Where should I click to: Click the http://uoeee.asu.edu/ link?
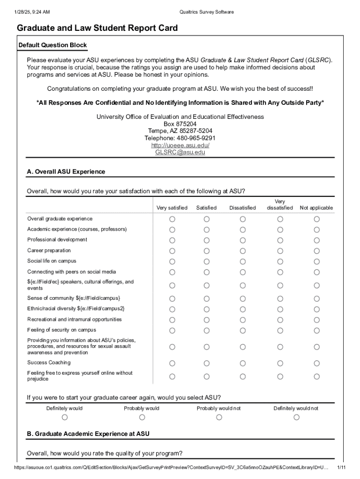(180, 145)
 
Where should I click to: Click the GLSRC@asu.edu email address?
(180, 152)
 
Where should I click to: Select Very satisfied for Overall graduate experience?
(172, 219)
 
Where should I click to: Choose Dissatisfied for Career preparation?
(243, 251)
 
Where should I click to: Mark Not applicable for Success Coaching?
(317, 363)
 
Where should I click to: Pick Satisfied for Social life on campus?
(206, 261)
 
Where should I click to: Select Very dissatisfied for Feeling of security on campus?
(280, 330)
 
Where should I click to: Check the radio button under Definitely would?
(65, 417)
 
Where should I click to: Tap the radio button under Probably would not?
(219, 417)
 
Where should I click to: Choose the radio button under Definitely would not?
(296, 417)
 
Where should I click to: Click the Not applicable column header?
(317, 208)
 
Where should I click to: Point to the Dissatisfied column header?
(243, 208)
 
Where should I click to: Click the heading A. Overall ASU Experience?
(66, 172)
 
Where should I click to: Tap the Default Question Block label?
(52, 45)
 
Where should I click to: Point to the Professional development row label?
(57, 239)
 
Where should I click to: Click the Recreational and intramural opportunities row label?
(74, 319)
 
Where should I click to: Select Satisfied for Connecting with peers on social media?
(206, 272)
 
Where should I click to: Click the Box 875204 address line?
(180, 124)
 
